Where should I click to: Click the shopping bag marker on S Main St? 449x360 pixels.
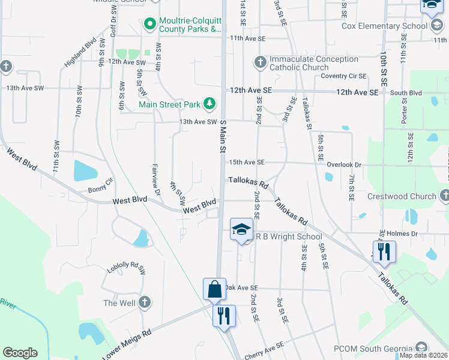click(x=214, y=290)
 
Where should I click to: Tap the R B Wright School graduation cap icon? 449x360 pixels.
click(x=241, y=230)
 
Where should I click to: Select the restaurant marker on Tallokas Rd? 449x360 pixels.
click(x=383, y=251)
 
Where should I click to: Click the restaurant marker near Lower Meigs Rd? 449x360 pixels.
click(x=224, y=315)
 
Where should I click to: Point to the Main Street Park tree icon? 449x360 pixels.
click(x=209, y=104)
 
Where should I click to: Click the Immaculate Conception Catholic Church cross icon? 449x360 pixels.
click(x=260, y=62)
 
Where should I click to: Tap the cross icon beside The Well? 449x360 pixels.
click(x=144, y=303)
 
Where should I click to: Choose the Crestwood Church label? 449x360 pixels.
click(x=406, y=196)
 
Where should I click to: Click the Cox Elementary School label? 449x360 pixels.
click(x=385, y=26)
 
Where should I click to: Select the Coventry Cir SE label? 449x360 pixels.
click(x=343, y=76)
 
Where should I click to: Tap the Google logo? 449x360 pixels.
click(x=20, y=353)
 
